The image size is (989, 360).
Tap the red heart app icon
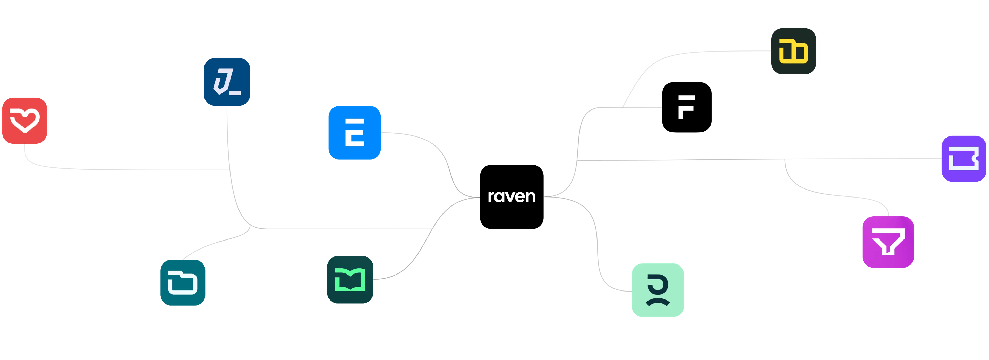click(25, 121)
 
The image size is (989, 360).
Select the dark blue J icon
click(227, 81)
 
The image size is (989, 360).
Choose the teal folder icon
click(182, 282)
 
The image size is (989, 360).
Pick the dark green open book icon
click(350, 279)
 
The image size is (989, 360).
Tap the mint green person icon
click(658, 290)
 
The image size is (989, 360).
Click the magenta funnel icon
click(888, 242)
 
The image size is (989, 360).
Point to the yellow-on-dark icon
click(793, 51)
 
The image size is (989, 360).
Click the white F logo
click(686, 107)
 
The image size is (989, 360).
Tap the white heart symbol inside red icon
click(25, 120)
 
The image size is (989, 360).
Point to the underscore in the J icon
click(235, 92)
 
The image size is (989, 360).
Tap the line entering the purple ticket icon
click(883, 158)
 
